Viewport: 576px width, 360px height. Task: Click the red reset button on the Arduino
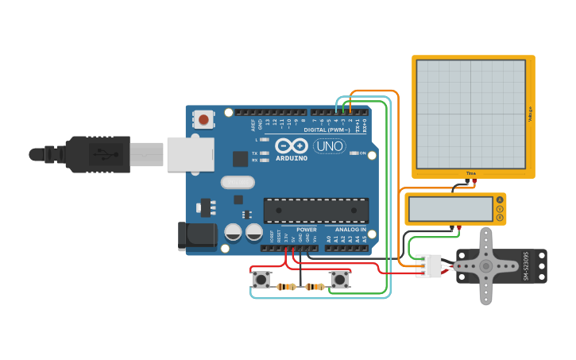(x=204, y=120)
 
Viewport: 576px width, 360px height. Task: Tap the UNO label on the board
(x=330, y=146)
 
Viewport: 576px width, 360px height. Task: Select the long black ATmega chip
(x=316, y=210)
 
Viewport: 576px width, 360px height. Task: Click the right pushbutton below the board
(x=340, y=279)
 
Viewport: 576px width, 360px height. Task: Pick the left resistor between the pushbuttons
(x=287, y=287)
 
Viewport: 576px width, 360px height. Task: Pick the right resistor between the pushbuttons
(x=315, y=287)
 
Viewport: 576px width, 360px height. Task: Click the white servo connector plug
(x=428, y=266)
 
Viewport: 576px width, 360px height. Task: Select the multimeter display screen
(x=450, y=209)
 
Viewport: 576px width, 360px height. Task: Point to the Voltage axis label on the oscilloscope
(x=530, y=114)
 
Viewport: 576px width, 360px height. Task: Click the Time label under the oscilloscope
(x=470, y=172)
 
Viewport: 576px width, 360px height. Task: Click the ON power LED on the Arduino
(x=354, y=153)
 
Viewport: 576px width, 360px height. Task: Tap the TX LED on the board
(x=265, y=153)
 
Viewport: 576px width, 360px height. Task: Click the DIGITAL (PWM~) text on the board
(x=327, y=130)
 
